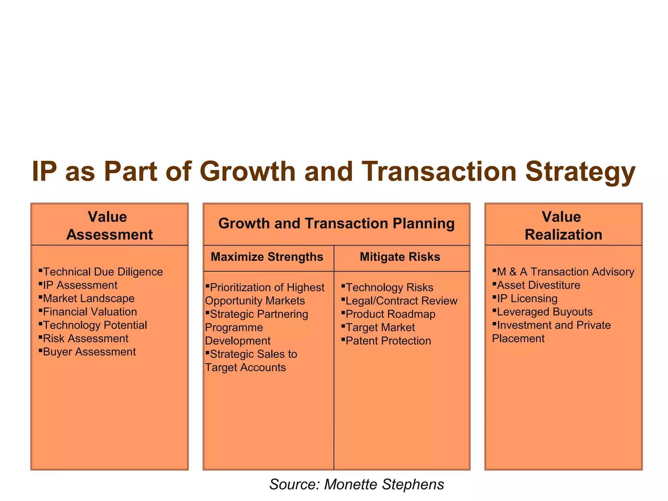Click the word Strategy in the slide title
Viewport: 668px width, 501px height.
[580, 172]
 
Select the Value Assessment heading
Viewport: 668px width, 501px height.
[109, 226]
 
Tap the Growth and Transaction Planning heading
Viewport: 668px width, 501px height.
[336, 224]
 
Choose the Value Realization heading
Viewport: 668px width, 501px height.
[563, 226]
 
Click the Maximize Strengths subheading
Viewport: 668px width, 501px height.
[267, 257]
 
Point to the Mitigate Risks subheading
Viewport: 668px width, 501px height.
[400, 257]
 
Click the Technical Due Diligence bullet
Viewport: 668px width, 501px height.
[103, 272]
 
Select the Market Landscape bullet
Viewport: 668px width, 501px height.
[89, 298]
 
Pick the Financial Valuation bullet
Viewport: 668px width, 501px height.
[90, 312]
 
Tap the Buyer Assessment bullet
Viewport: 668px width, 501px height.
[89, 352]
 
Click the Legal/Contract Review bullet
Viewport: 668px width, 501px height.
[401, 301]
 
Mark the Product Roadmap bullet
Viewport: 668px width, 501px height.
[390, 314]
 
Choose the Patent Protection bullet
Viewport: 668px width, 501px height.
[388, 341]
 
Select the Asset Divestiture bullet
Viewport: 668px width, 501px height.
[539, 285]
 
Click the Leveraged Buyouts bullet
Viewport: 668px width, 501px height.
[545, 312]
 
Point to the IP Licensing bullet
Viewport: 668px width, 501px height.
[527, 298]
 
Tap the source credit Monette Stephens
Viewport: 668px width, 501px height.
[384, 484]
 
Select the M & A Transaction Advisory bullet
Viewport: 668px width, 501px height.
[565, 272]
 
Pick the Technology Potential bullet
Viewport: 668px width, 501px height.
[95, 325]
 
